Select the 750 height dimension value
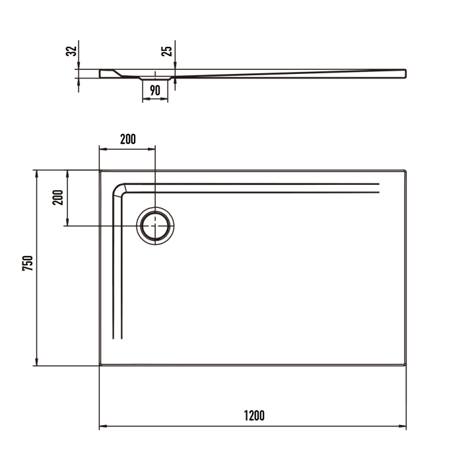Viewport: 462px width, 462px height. tap(27, 263)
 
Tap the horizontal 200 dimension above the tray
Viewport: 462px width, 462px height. tap(127, 139)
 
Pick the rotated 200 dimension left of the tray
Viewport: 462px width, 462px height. tap(57, 197)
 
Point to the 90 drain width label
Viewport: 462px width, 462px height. tap(155, 91)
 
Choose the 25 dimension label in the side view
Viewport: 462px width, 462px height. tap(168, 50)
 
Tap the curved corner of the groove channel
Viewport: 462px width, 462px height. tap(119, 190)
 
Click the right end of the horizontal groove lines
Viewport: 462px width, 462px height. tap(379, 187)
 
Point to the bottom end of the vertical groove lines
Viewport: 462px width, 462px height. tap(117, 338)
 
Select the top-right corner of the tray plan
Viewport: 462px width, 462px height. tap(406, 170)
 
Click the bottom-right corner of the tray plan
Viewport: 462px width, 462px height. tap(406, 365)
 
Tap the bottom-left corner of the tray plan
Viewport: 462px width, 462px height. tap(100, 365)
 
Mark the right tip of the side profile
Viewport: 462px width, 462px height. tap(405, 73)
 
